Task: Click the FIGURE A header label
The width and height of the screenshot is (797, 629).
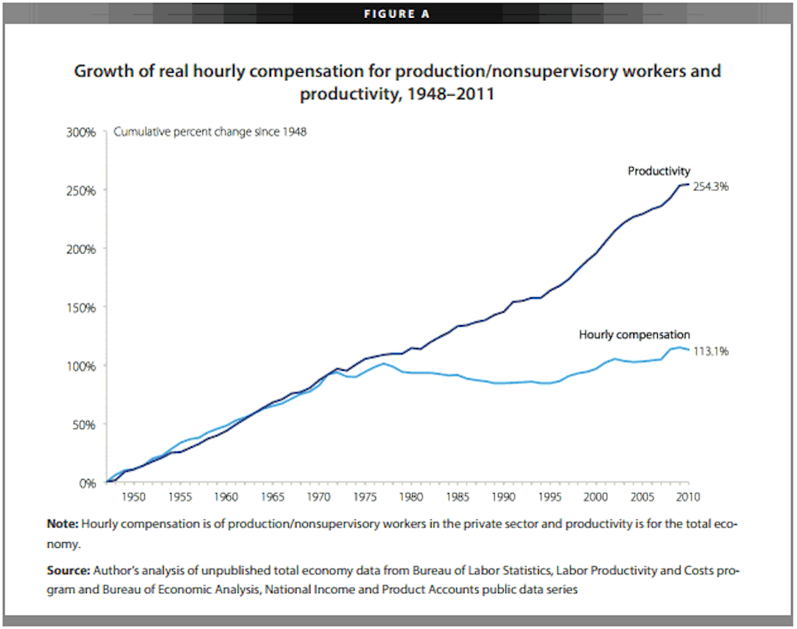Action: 396,13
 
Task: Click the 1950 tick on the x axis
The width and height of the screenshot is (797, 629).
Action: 134,496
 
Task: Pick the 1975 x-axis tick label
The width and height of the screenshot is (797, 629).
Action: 365,496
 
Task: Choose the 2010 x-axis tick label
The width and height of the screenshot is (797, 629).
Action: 687,496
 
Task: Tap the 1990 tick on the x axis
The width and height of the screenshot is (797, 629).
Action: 504,496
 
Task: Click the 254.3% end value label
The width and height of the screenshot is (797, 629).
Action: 710,187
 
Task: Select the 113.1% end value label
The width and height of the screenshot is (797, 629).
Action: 710,351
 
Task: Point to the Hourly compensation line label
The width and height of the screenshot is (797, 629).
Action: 634,334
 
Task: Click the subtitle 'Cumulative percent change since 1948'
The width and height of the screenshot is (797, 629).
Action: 210,132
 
